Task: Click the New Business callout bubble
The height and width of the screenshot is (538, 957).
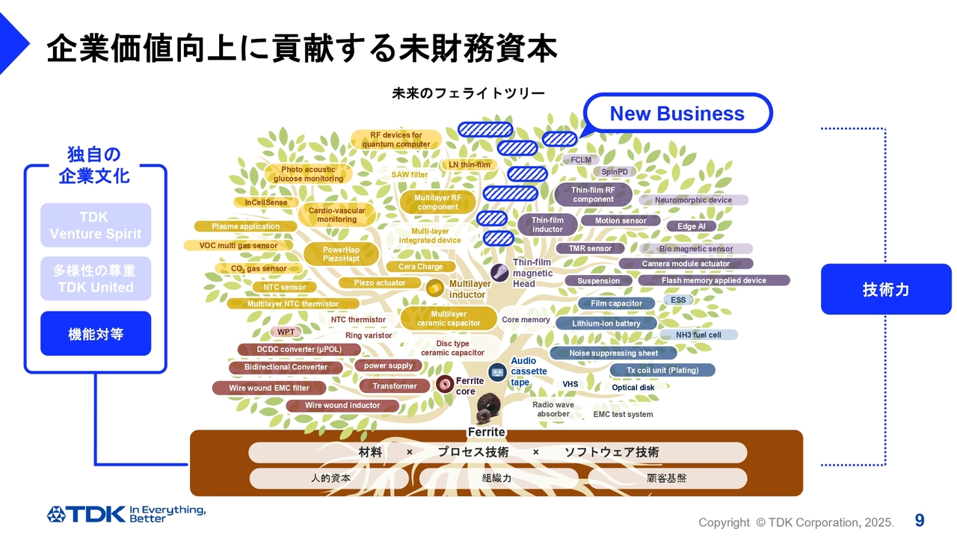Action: [677, 114]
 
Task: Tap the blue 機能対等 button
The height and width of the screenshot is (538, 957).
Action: [96, 334]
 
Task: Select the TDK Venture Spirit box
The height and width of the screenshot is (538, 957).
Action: [96, 225]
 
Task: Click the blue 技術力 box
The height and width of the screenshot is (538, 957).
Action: [886, 289]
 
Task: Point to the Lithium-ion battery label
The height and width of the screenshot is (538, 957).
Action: [606, 324]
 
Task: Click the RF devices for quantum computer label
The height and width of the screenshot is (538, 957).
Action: [396, 140]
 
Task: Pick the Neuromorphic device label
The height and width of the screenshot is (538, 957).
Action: [693, 200]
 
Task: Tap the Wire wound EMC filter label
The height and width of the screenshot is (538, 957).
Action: [269, 388]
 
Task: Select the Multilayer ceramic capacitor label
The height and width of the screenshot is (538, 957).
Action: [449, 318]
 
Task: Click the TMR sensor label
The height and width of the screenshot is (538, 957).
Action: [590, 249]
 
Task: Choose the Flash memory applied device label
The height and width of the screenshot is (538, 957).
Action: [713, 280]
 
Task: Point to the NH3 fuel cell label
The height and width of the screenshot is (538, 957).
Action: [698, 335]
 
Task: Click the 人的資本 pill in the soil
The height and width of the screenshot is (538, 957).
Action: [330, 478]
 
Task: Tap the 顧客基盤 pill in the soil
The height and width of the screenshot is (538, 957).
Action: [666, 478]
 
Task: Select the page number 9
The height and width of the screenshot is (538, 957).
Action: [919, 520]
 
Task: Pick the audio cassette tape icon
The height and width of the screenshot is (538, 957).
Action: [497, 371]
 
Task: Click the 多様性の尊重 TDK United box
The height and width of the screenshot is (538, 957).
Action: [96, 279]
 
